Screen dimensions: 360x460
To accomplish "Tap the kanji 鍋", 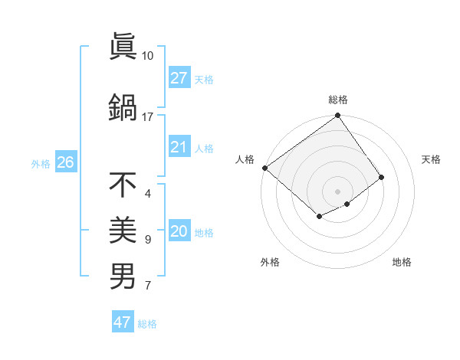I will tap(123, 107).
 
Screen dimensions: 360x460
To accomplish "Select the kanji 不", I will tap(123, 185).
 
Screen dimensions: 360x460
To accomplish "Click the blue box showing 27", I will tap(179, 77).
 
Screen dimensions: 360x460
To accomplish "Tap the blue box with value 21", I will tap(179, 147).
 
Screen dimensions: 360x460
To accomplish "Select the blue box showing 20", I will tap(179, 231).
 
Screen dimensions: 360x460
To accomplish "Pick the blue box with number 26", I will tap(65, 162).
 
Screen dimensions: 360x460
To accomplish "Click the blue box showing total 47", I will tap(123, 322).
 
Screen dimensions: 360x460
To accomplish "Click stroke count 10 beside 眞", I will tap(147, 56).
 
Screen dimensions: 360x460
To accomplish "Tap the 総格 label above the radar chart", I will tap(338, 100).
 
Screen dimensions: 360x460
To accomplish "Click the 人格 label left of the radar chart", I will tap(245, 159).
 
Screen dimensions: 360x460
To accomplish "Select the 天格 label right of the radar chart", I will tap(431, 159).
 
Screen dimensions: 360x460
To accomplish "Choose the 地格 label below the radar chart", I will tap(402, 262).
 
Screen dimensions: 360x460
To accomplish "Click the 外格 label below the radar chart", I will tap(270, 262).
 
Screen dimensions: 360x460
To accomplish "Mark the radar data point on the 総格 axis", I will tap(337, 116).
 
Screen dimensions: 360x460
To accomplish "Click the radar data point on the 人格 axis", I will tap(264, 168).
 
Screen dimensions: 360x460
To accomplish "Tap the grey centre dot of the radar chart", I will tap(337, 191).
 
